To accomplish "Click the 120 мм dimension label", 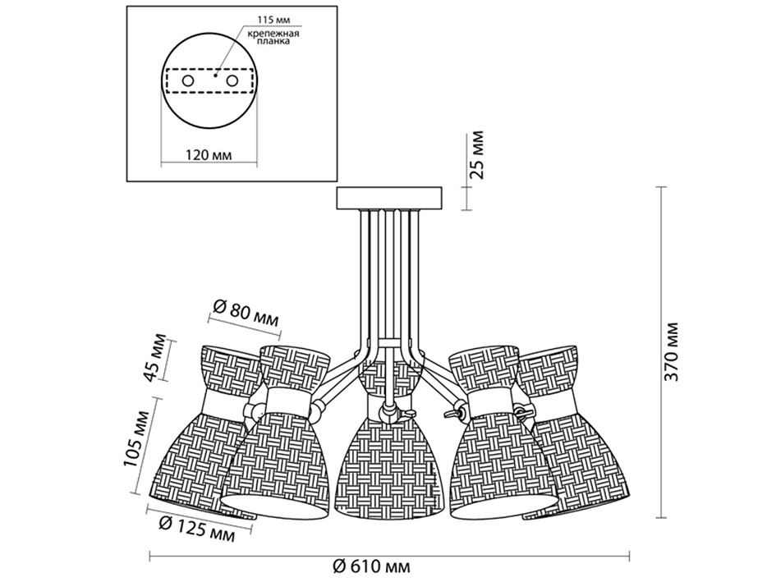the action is click(x=209, y=154).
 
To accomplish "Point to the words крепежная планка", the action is click(x=273, y=38).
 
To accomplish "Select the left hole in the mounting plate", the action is click(x=187, y=80).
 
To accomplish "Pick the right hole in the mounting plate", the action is click(x=232, y=80).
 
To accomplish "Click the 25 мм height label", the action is click(x=475, y=155).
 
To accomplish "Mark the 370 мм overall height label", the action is click(x=672, y=352).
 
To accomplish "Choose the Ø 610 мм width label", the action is click(x=372, y=566).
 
